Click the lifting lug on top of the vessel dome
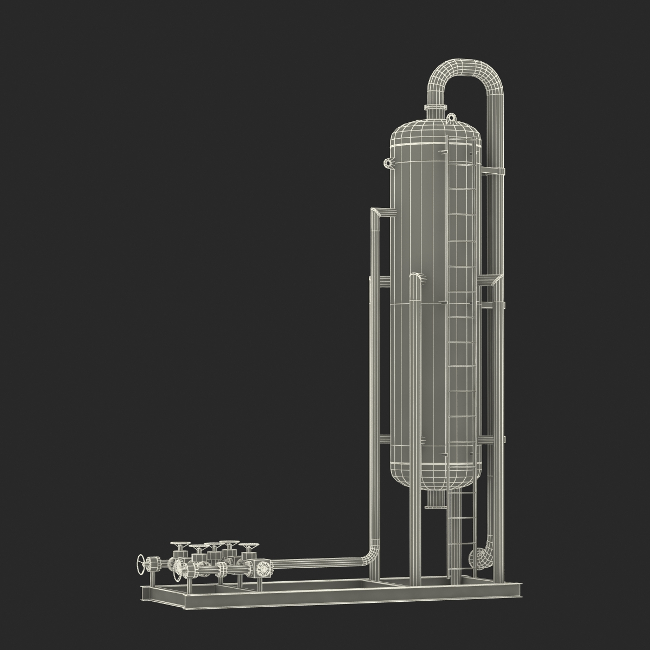451,116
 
